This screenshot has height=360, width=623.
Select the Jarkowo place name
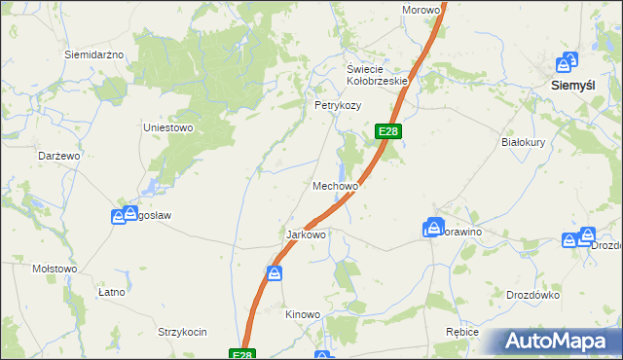click(305, 235)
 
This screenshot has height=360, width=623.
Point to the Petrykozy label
click(337, 105)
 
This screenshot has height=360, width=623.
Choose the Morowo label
click(421, 10)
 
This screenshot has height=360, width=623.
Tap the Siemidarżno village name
click(93, 54)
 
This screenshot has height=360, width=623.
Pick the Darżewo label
click(58, 156)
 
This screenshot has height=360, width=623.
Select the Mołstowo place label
click(55, 268)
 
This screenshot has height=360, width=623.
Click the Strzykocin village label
click(183, 332)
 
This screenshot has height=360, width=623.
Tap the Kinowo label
click(302, 314)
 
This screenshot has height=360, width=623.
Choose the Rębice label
click(461, 332)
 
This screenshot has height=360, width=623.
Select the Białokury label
click(527, 141)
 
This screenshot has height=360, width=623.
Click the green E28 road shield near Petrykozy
click(387, 131)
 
